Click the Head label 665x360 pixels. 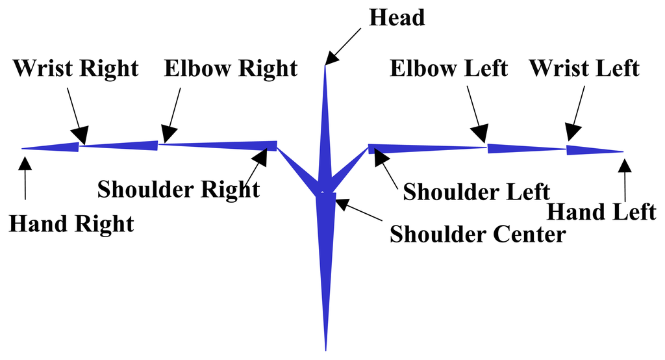[397, 18]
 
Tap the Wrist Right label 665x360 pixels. [76, 68]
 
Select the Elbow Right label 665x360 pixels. [231, 68]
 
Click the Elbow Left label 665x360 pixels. [449, 68]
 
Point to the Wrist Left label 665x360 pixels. [584, 68]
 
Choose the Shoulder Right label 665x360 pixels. [179, 189]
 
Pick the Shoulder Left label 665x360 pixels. [477, 192]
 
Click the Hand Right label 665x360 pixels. [71, 224]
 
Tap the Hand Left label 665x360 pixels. [601, 212]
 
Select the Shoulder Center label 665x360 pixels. [477, 234]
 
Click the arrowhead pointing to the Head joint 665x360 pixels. [332, 59]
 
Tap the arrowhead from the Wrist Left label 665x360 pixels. [571, 134]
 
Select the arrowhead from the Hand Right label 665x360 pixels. [25, 159]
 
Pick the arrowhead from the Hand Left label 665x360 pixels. [625, 162]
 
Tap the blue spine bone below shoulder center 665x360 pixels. [325, 260]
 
